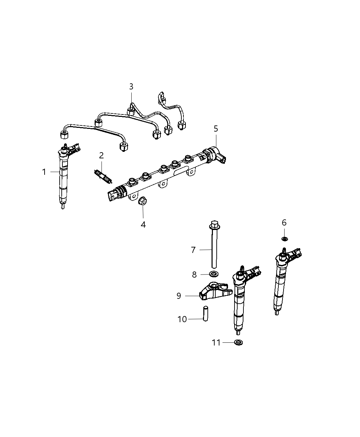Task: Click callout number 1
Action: click(x=44, y=172)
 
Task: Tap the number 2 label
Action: click(x=101, y=156)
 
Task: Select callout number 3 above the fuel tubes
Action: click(x=131, y=87)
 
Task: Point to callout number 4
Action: click(x=143, y=224)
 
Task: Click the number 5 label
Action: click(x=216, y=129)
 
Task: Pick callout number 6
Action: click(x=284, y=223)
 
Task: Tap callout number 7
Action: click(x=193, y=250)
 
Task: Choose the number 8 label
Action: click(x=194, y=274)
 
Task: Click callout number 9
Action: click(x=179, y=296)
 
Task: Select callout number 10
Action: click(x=182, y=319)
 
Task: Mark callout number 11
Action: click(x=216, y=342)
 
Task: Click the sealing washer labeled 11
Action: click(x=238, y=342)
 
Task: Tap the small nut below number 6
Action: click(x=285, y=239)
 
